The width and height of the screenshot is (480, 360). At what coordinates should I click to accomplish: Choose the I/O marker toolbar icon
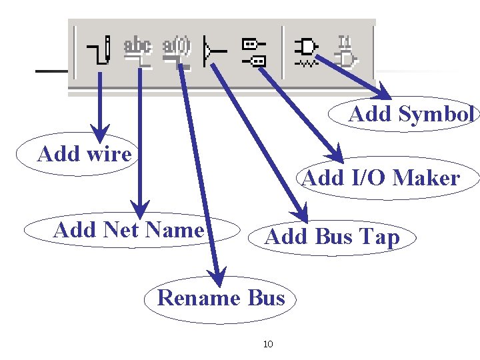tap(253, 52)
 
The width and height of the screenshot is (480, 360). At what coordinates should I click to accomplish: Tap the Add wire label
tap(85, 154)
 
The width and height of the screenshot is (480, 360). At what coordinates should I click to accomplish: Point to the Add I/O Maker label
tap(381, 178)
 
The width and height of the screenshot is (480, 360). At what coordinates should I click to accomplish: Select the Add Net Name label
tap(129, 230)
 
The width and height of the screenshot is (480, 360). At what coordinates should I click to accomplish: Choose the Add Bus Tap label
tap(332, 237)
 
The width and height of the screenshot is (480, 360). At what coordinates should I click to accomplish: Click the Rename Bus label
tap(221, 297)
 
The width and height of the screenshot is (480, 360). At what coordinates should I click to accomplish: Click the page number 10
tap(269, 345)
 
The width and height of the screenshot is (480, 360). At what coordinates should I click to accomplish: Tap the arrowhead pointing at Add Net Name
tap(139, 203)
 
